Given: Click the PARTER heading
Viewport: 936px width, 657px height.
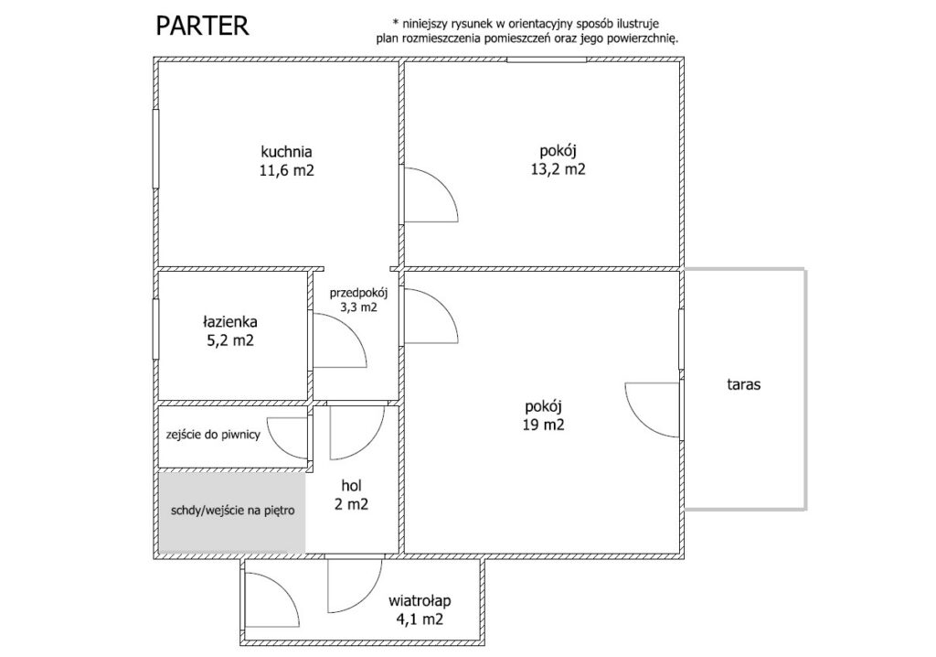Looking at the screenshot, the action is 202,27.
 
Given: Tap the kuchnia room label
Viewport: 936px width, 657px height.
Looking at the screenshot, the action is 286,152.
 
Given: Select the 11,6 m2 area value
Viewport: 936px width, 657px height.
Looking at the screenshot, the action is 286,170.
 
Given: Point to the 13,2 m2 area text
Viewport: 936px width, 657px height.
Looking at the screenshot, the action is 558,169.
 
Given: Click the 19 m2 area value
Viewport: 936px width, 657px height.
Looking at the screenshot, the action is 544,425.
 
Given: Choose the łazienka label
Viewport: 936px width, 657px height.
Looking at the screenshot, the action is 229,321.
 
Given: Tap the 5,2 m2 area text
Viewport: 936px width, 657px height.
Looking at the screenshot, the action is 229,340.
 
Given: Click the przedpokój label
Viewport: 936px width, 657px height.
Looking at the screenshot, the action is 358,294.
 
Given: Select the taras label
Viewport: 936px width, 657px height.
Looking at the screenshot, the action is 744,384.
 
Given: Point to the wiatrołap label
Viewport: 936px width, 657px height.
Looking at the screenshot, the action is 420,600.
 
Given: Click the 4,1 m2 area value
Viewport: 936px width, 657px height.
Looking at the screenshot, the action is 420,619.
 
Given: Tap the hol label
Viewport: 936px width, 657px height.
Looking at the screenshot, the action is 352,485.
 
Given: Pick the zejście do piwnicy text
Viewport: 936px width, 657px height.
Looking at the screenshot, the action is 213,435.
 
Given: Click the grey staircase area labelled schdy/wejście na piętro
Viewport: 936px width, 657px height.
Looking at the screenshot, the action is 232,512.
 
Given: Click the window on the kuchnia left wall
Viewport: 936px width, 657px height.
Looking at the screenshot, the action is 155,148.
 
